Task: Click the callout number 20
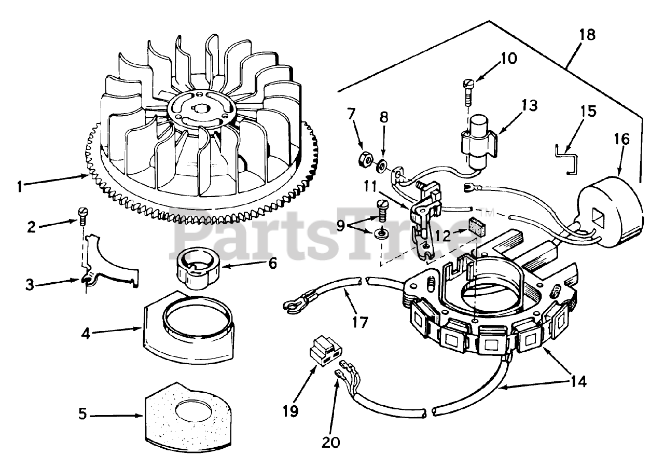331,443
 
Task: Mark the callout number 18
587,35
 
